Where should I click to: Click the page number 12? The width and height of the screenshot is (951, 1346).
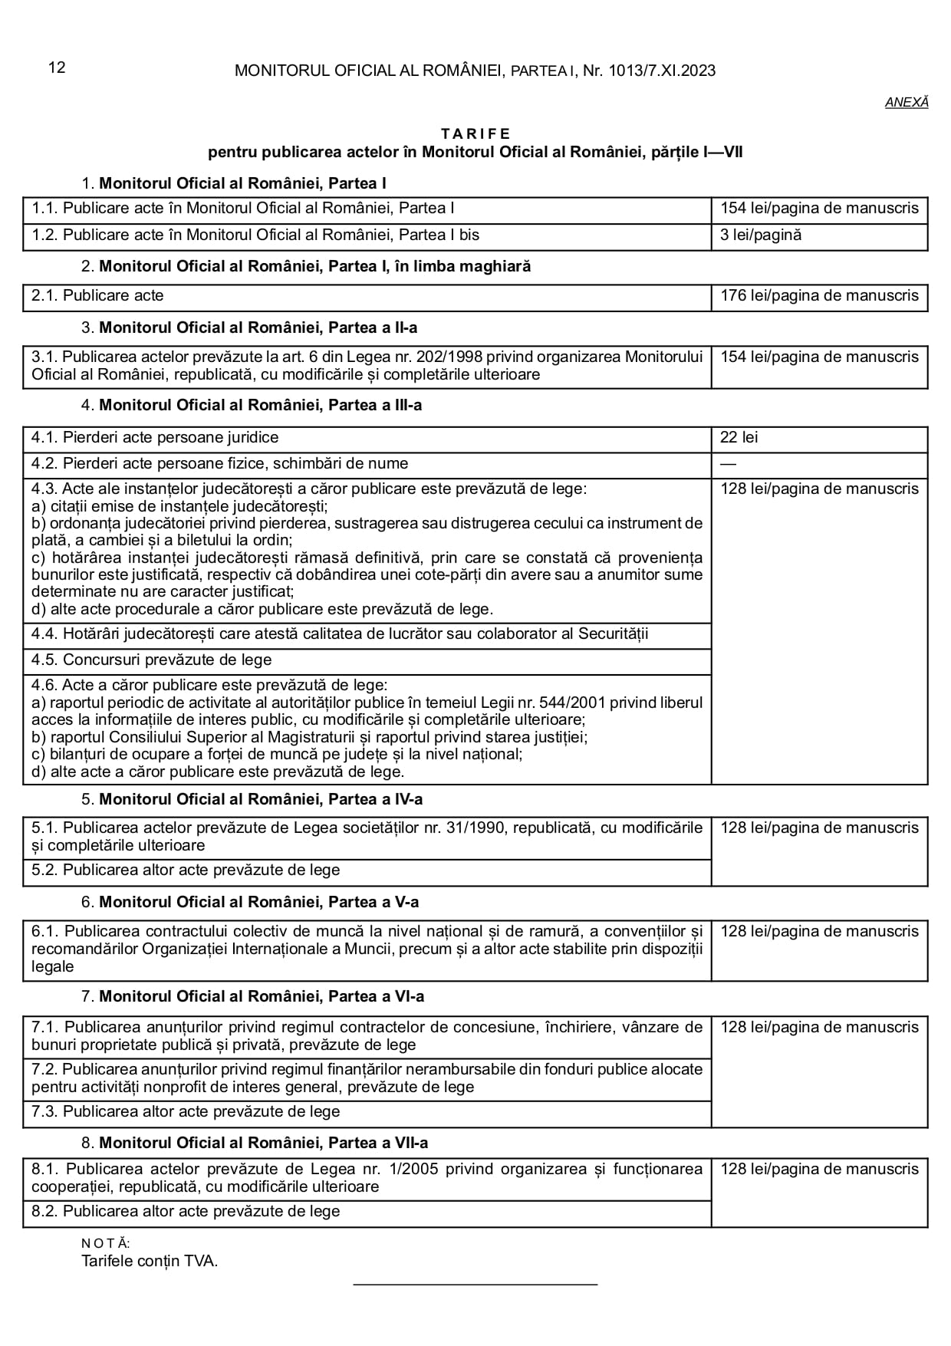click(57, 67)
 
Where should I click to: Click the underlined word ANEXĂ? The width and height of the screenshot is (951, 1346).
click(907, 102)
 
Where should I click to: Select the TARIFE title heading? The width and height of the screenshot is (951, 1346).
click(475, 134)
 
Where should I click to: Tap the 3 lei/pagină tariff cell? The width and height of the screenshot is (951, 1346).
click(761, 235)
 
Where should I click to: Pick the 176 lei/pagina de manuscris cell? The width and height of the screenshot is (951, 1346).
click(819, 295)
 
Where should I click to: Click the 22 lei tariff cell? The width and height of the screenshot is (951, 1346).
click(739, 437)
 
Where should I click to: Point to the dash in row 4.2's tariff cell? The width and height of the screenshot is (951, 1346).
click(728, 463)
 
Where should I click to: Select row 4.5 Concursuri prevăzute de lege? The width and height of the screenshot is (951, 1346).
click(152, 660)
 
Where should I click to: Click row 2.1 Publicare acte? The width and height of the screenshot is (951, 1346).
click(97, 295)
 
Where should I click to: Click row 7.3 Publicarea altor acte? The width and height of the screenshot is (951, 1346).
click(186, 1111)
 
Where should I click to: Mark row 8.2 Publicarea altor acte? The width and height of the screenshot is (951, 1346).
click(186, 1211)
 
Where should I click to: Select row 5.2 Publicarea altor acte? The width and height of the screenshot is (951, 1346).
click(186, 870)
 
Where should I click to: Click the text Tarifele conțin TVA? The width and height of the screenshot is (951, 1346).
click(150, 1261)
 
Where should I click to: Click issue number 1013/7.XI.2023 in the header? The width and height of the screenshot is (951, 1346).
click(662, 71)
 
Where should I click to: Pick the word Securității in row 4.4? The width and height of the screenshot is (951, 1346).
click(613, 634)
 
